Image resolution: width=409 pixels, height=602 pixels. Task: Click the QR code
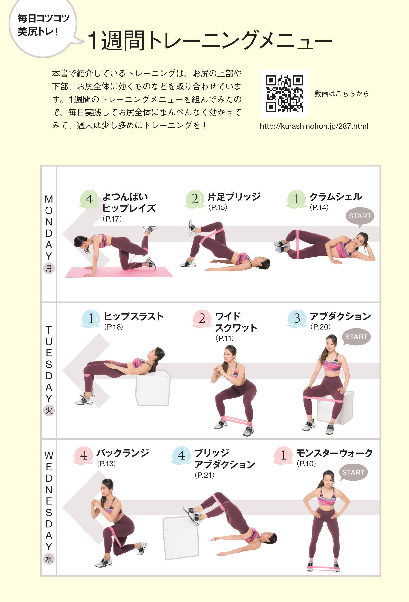pos(284,94)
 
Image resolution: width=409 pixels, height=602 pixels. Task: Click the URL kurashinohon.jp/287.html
pos(314,126)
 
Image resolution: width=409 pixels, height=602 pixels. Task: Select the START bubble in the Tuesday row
pos(356,337)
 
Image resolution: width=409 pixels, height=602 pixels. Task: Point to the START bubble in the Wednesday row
pos(353,472)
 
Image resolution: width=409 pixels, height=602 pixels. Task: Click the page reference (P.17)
pos(112,219)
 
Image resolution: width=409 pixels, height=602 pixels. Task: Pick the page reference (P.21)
pos(204,475)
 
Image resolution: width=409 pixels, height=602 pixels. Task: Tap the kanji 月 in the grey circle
pos(49,268)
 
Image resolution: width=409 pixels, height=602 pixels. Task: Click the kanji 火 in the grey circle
pos(49,411)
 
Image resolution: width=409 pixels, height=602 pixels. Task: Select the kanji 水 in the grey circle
pos(49,559)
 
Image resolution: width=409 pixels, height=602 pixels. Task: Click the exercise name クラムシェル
pos(335,197)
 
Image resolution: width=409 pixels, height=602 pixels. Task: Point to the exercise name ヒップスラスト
pos(133,316)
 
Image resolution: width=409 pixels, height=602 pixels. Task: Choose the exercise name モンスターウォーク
pos(334,453)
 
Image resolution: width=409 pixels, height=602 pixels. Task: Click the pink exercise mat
pos(119,272)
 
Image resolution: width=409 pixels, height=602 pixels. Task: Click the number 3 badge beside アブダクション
pos(297,318)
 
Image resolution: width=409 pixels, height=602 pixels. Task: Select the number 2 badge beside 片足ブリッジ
pos(195,199)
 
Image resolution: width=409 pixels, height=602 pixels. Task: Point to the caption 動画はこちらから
pos(342,94)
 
